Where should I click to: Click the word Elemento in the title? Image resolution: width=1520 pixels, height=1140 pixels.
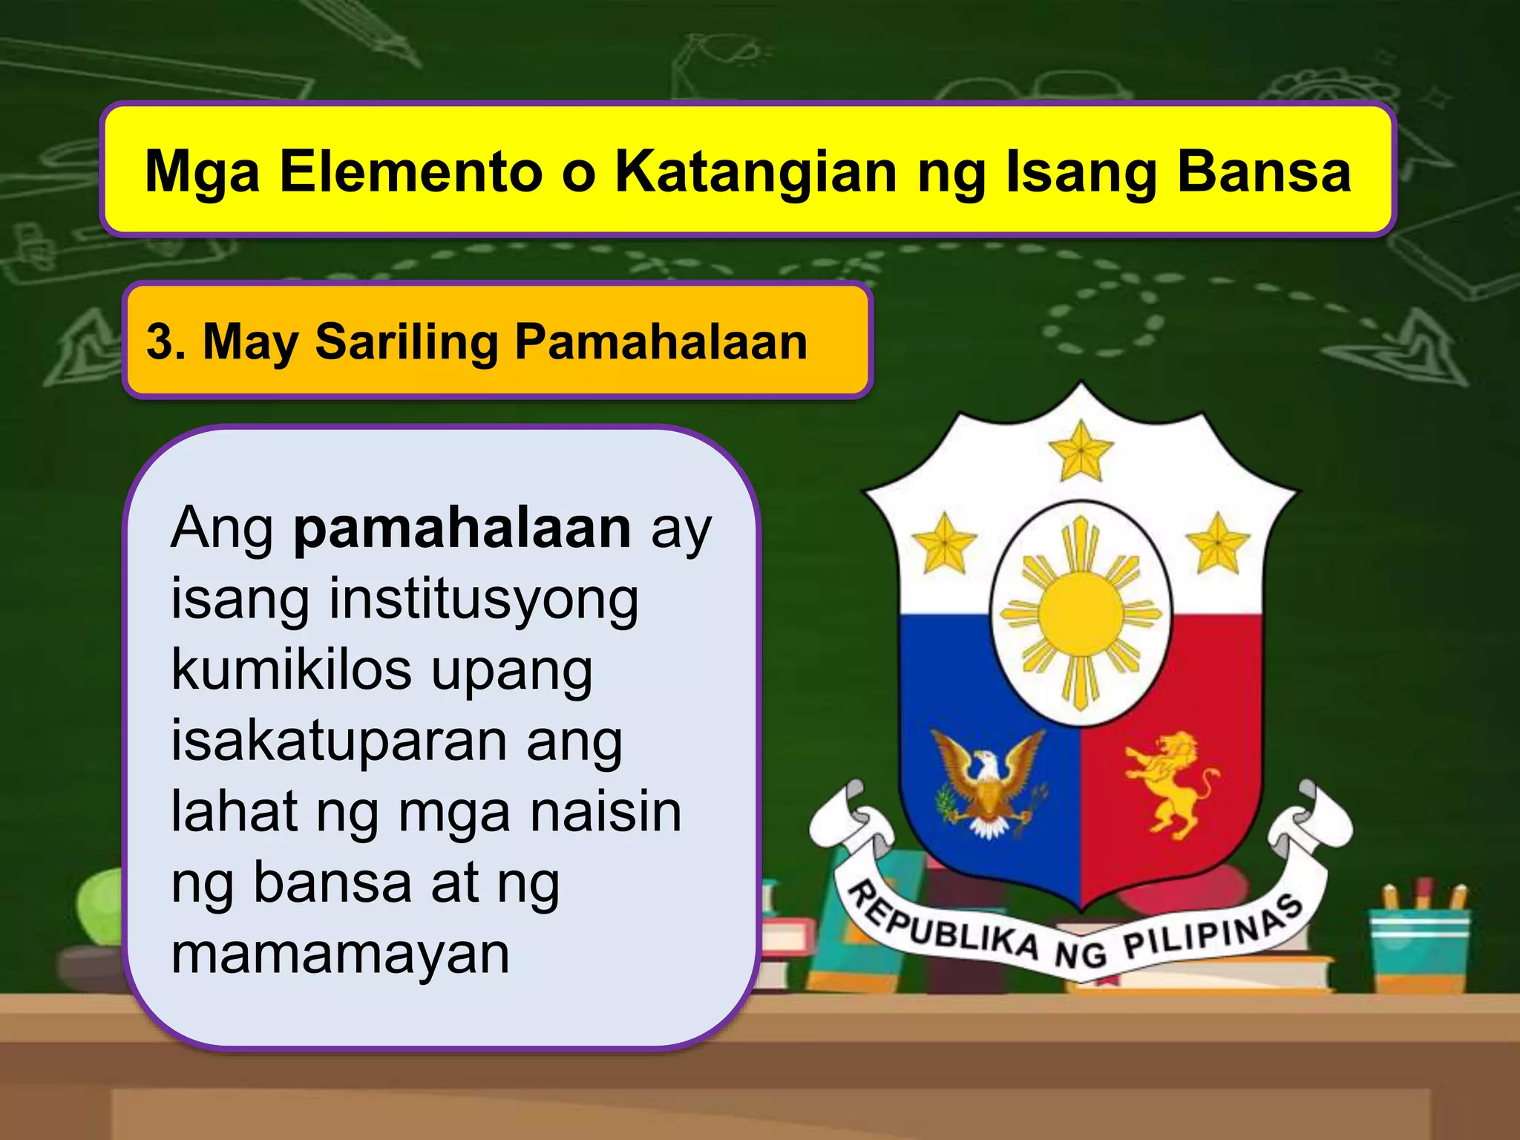point(410,172)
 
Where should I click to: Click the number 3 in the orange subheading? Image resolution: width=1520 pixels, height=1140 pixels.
point(159,342)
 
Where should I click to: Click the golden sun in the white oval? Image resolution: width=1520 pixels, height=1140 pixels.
point(1080,614)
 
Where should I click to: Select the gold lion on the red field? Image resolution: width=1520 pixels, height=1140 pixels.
point(1170,784)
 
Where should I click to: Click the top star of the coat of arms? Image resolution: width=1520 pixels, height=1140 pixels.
point(1081,451)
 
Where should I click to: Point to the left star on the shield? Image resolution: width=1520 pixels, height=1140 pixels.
point(943,543)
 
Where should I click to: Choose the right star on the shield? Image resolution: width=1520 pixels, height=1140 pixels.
point(1217,543)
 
